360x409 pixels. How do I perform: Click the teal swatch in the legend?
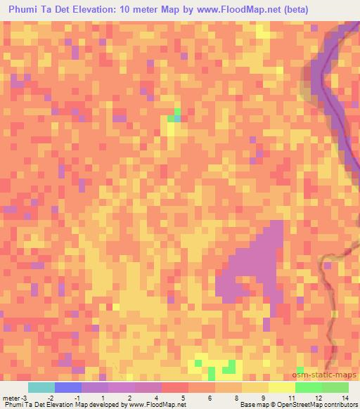click(41, 388)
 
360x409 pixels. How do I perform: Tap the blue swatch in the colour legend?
click(68, 388)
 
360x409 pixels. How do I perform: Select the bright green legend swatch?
click(308, 388)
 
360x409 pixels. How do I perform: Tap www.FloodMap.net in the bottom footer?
click(153, 404)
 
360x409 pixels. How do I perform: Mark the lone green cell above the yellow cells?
click(176, 112)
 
